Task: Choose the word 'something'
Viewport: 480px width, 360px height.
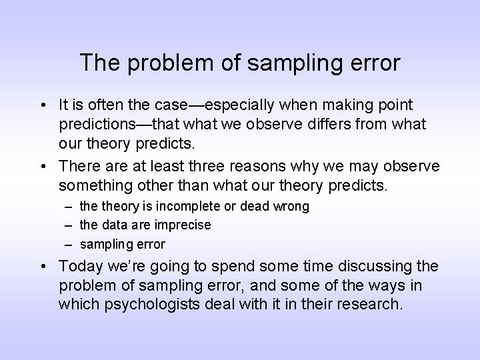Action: pyautogui.click(x=91, y=184)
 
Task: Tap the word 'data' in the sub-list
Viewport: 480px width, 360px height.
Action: pyautogui.click(x=113, y=225)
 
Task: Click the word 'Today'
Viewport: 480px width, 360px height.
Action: pyautogui.click(x=79, y=267)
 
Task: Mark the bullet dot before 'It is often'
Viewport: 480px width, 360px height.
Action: pyautogui.click(x=42, y=105)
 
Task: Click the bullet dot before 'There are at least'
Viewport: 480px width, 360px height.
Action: pyautogui.click(x=42, y=165)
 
